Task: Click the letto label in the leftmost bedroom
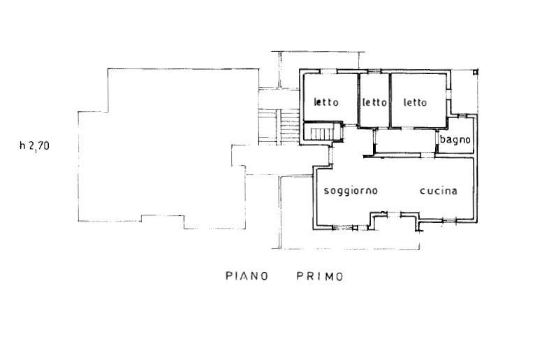click(326, 102)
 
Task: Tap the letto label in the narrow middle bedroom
click(374, 102)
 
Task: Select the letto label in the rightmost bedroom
click(415, 102)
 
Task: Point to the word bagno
click(455, 140)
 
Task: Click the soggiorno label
click(351, 191)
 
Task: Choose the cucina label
click(439, 191)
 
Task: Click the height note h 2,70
click(34, 145)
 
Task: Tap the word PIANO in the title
click(247, 276)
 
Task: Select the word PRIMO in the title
click(320, 276)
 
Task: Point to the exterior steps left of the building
click(279, 127)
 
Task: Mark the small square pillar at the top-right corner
click(476, 72)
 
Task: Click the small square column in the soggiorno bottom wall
click(355, 228)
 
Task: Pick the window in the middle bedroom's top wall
click(374, 71)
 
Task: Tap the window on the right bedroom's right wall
click(448, 94)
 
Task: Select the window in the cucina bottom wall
click(449, 220)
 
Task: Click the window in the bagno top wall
click(463, 116)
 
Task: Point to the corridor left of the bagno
click(405, 141)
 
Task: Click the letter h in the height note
click(22, 145)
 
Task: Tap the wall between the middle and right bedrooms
click(390, 100)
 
